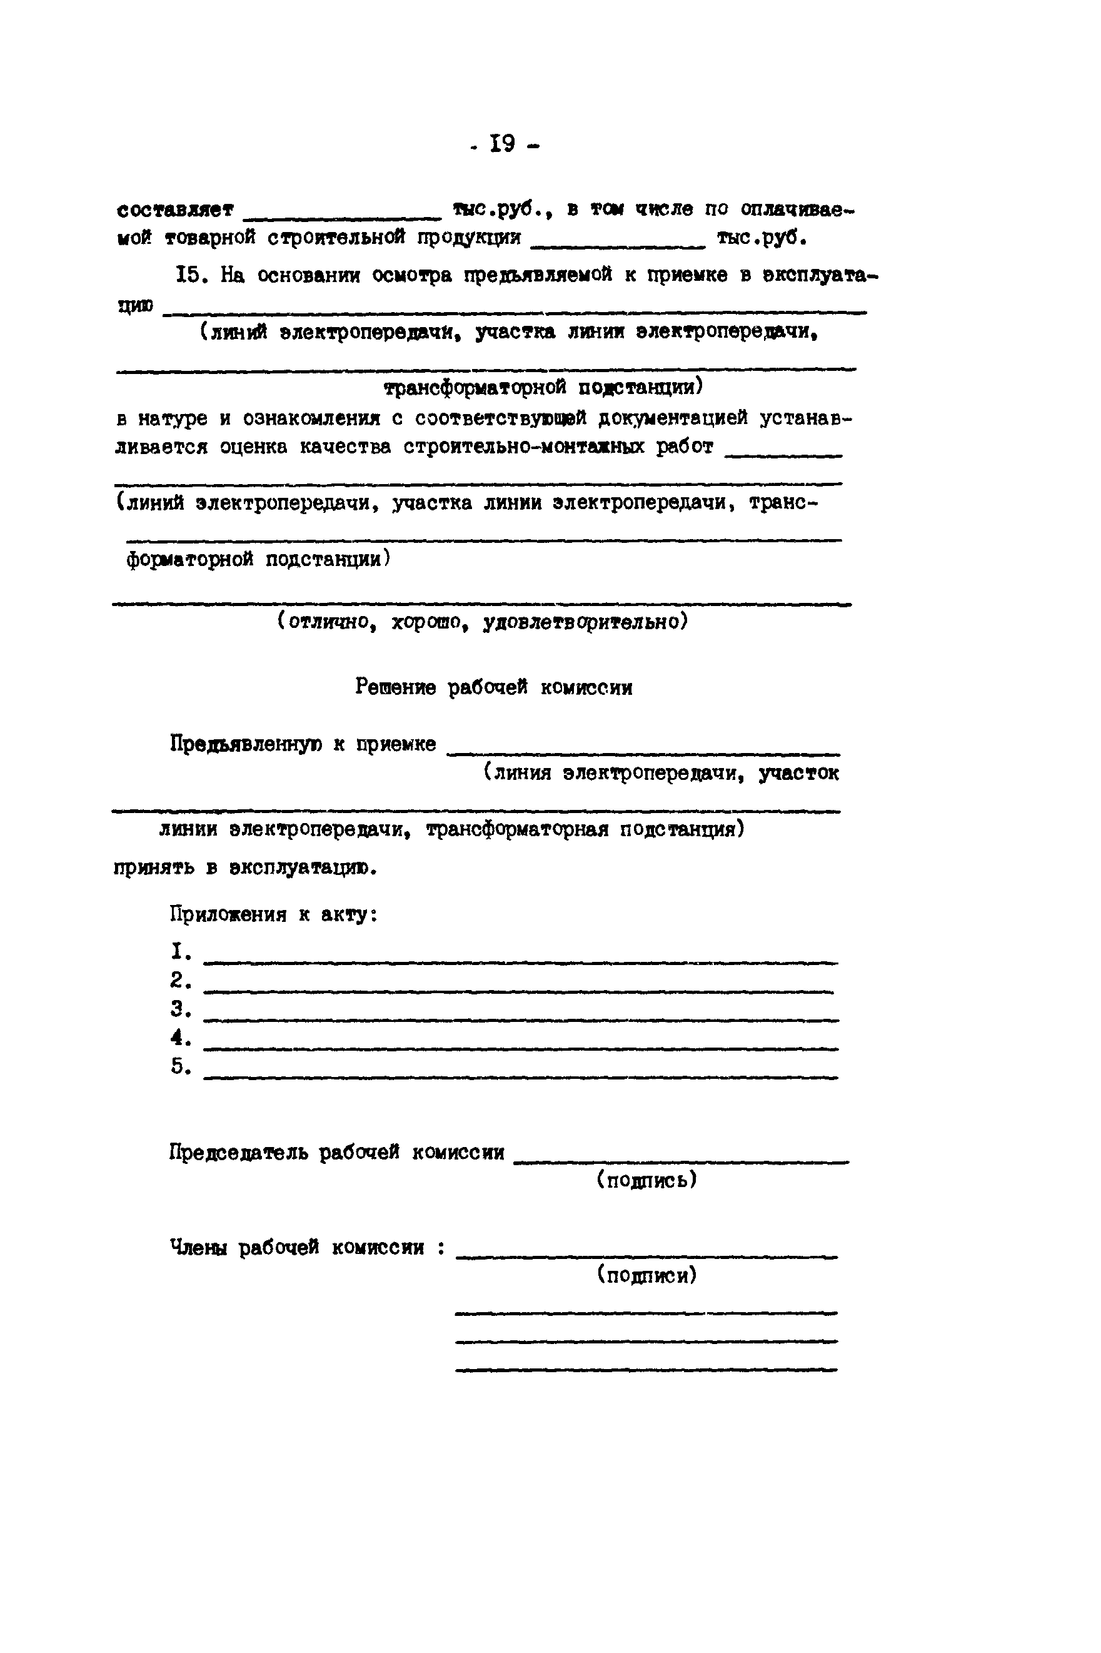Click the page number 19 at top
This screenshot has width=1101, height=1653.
[503, 144]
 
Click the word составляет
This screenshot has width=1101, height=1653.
[175, 210]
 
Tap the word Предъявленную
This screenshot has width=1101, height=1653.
[246, 744]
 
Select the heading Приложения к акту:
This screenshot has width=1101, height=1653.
[274, 914]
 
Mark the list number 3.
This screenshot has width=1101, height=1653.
[180, 1009]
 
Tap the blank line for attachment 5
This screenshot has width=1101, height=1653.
[520, 1076]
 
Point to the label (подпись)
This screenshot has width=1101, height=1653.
[646, 1180]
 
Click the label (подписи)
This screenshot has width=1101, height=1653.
[646, 1275]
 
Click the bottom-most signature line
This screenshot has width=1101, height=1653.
[646, 1368]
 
